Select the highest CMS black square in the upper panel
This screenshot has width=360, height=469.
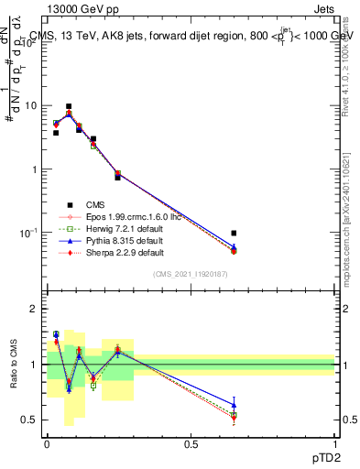69,107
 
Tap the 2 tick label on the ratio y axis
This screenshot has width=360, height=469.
35,310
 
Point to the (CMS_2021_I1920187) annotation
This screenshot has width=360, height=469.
189,275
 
